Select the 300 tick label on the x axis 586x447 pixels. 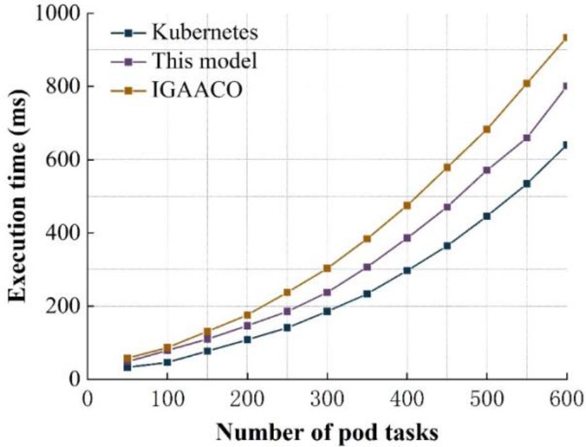point(326,397)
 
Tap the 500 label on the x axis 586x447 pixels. point(486,397)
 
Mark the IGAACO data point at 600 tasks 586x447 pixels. point(565,38)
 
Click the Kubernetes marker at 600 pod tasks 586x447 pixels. point(565,145)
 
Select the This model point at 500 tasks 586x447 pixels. point(486,170)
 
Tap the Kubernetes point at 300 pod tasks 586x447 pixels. point(327,311)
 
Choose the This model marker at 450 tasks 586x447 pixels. point(447,206)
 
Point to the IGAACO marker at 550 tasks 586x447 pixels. point(527,83)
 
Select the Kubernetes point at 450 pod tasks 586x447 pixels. point(447,246)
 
